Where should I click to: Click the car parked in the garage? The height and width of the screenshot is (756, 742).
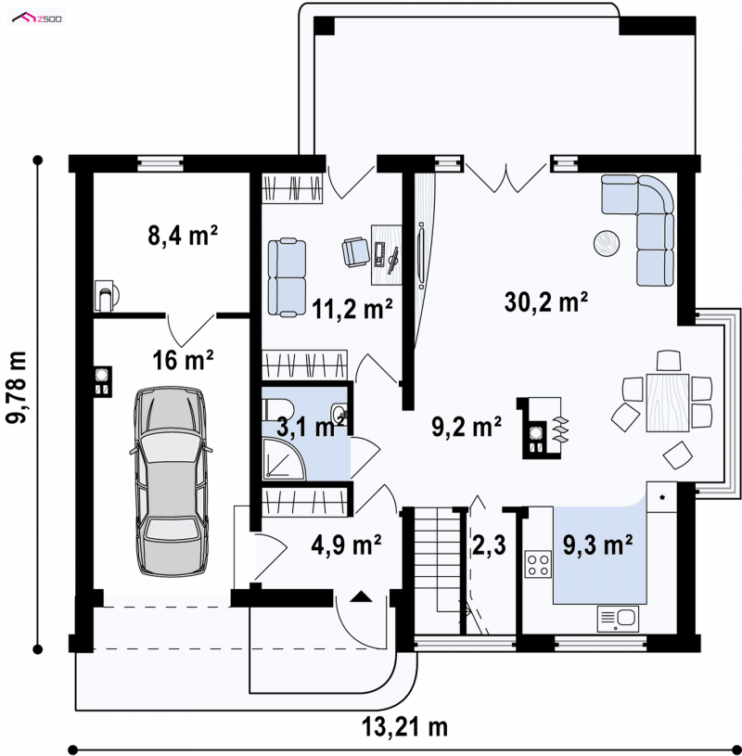170,481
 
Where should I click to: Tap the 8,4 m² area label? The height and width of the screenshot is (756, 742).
182,236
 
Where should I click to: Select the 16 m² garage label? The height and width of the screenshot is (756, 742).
183,360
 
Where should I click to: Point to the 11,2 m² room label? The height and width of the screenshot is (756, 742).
352,309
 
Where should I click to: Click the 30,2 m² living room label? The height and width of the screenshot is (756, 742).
545,302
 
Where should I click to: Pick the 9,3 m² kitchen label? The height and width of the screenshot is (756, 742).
598,545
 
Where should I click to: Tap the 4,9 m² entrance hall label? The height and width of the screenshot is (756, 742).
346,545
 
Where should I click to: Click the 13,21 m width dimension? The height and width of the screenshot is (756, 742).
404,727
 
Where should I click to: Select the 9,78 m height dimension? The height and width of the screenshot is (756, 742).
18,388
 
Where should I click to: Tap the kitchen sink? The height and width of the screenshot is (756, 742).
618,619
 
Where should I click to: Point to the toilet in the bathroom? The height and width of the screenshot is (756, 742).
276,409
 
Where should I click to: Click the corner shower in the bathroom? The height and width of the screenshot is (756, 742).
284,458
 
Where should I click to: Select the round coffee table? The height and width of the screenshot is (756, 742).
607,243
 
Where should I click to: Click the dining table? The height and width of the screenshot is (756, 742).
667,402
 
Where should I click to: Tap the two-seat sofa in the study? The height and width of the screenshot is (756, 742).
287,277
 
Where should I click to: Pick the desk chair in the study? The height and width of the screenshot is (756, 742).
355,251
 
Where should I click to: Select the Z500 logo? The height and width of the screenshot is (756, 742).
37,19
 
